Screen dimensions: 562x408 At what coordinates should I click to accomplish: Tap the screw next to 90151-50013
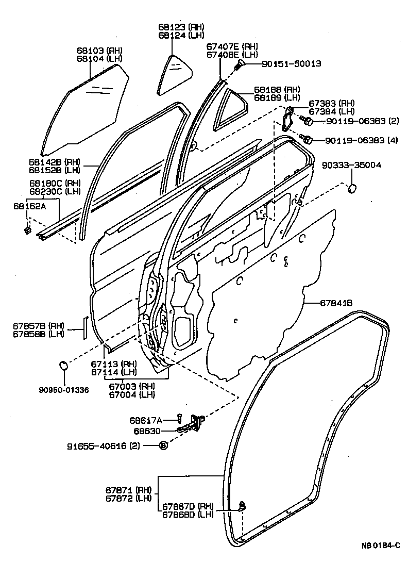coord(240,65)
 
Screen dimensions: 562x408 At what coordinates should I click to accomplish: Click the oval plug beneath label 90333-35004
coord(352,189)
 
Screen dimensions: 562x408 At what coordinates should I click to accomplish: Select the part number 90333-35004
coord(352,166)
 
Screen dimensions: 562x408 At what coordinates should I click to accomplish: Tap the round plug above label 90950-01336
coord(63,366)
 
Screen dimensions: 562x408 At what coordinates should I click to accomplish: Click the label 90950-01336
coord(63,390)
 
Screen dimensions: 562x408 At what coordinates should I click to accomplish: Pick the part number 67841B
coord(335,304)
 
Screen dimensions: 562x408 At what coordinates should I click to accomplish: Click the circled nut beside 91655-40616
coord(163,445)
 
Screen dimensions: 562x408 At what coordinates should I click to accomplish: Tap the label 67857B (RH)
coord(39,326)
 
